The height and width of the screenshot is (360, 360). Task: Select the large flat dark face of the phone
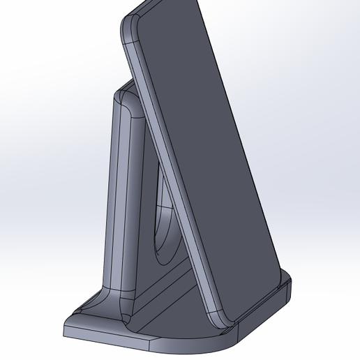(x=209, y=140)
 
